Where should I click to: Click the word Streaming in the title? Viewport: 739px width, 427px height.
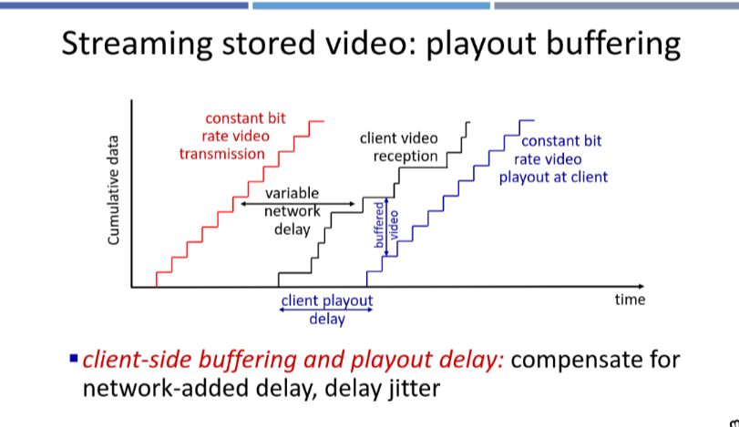click(x=138, y=44)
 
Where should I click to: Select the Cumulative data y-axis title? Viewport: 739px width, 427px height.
click(x=113, y=190)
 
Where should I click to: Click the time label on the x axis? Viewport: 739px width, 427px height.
click(x=630, y=300)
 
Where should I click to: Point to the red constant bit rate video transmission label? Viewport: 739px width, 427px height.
click(x=232, y=136)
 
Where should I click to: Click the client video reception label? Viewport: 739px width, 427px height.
click(x=399, y=147)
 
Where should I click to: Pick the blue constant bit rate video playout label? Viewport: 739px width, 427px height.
click(x=554, y=159)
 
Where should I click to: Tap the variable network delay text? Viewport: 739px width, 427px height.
click(x=293, y=211)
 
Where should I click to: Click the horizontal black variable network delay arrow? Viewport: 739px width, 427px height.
click(x=297, y=204)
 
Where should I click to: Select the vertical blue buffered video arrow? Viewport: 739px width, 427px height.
click(x=386, y=228)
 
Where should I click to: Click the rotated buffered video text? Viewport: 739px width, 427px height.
click(x=386, y=225)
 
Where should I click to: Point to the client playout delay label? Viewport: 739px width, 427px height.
click(x=327, y=310)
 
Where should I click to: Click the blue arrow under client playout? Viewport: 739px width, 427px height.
click(x=326, y=310)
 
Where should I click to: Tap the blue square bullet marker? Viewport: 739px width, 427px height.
click(x=74, y=359)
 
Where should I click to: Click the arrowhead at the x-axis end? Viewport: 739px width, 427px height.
click(x=641, y=286)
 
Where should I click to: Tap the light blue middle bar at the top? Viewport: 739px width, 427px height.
click(x=372, y=5)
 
